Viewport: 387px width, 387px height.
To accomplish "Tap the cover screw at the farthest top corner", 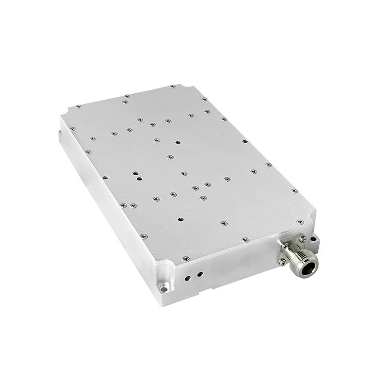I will click(172, 87).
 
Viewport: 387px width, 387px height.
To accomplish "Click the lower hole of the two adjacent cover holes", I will click(140, 178).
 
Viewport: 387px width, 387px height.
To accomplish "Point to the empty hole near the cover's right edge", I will click(245, 142).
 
